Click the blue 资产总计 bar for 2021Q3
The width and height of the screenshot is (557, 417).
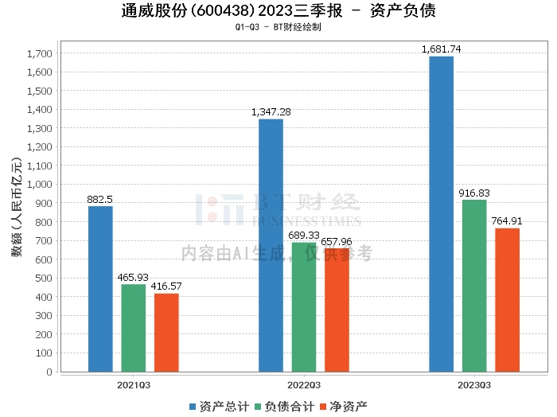(100, 289)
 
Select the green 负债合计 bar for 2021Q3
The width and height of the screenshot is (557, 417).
(134, 328)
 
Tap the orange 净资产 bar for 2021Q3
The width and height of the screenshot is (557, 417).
(166, 333)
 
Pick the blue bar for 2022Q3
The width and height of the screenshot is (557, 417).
(271, 245)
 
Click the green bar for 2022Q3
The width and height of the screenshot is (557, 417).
(304, 307)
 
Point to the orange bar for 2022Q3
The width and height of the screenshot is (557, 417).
(337, 310)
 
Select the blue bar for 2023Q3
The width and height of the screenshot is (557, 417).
(441, 214)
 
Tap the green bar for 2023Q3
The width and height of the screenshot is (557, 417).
(474, 286)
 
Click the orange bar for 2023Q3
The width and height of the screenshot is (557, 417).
(508, 300)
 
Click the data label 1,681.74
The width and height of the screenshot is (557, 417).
(441, 49)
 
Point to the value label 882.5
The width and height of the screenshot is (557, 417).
(99, 199)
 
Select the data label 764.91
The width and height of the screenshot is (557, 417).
(507, 221)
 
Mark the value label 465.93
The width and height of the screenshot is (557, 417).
(133, 277)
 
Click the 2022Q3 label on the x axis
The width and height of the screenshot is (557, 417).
(304, 385)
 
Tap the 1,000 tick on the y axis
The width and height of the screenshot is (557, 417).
(40, 185)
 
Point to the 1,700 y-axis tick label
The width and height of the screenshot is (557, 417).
(40, 53)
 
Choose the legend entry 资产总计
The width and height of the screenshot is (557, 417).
(219, 407)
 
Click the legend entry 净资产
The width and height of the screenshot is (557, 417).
(344, 407)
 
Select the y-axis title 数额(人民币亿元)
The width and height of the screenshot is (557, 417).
(17, 207)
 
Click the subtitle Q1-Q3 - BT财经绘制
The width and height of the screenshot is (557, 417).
(278, 27)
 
